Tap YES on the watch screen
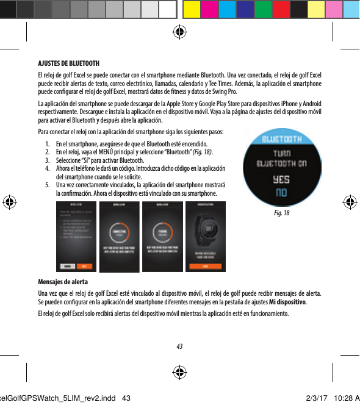[x=280, y=179]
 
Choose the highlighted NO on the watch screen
[x=280, y=192]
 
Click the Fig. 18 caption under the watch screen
[x=282, y=214]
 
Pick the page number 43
[x=179, y=346]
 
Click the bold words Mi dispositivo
[x=287, y=302]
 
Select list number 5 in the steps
[x=47, y=184]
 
